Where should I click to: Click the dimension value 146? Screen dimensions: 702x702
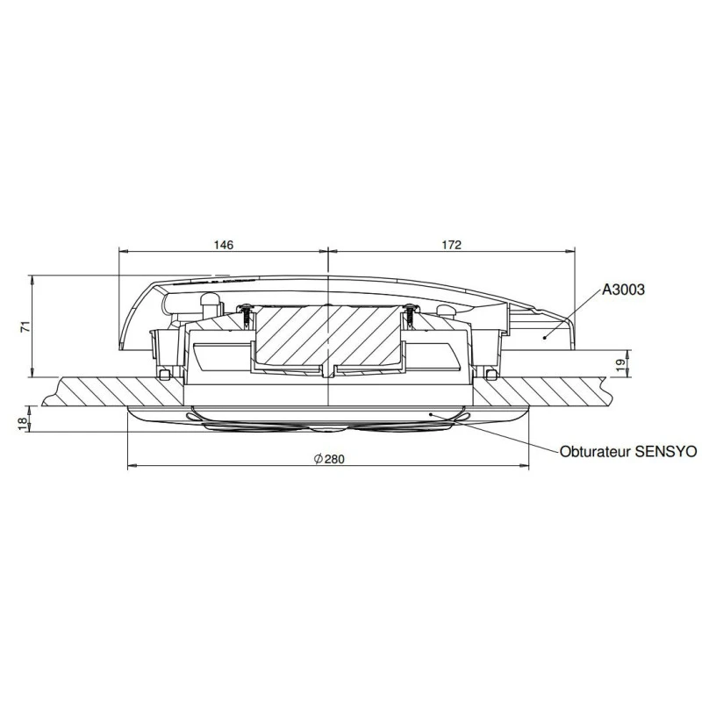[x=224, y=245]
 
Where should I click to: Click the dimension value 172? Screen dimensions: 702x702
[x=450, y=245]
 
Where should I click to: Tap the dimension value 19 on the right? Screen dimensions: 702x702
[x=620, y=362]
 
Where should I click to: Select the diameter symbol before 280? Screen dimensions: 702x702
[x=317, y=459]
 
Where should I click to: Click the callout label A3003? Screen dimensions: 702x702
[x=624, y=288]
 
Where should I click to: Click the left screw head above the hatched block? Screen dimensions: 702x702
[x=247, y=309]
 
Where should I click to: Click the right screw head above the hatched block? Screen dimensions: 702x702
[x=409, y=309]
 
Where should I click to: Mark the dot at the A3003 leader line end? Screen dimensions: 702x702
[x=545, y=337]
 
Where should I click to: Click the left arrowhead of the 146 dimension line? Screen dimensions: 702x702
[x=122, y=250]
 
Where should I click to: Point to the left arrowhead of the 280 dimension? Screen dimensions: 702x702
[x=132, y=465]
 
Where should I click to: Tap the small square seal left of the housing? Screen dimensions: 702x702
[x=165, y=375]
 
